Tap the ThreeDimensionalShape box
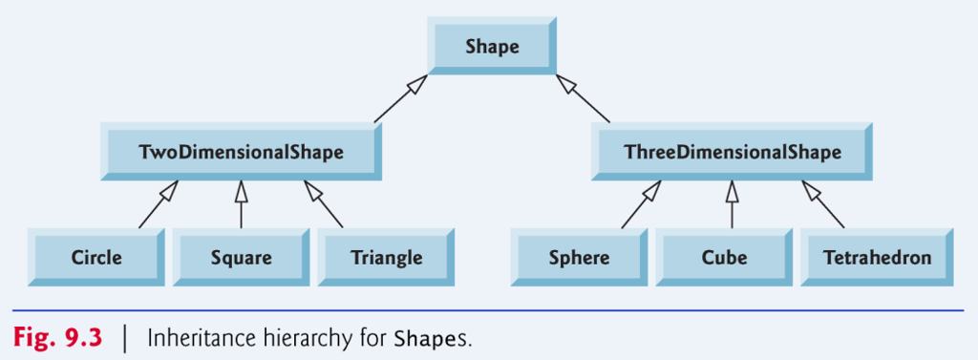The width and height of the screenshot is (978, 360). (732, 153)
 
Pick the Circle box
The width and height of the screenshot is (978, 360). (96, 258)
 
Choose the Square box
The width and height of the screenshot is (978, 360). (241, 258)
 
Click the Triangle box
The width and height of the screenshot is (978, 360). (386, 258)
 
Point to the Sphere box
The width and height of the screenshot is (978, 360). (580, 258)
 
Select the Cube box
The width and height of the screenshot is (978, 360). (724, 258)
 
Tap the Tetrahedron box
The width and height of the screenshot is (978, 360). (877, 258)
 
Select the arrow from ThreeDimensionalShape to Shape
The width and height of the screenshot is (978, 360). (585, 100)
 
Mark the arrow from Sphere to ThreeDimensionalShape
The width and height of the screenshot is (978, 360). (641, 205)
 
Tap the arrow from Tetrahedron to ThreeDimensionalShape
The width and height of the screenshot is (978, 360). (823, 205)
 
